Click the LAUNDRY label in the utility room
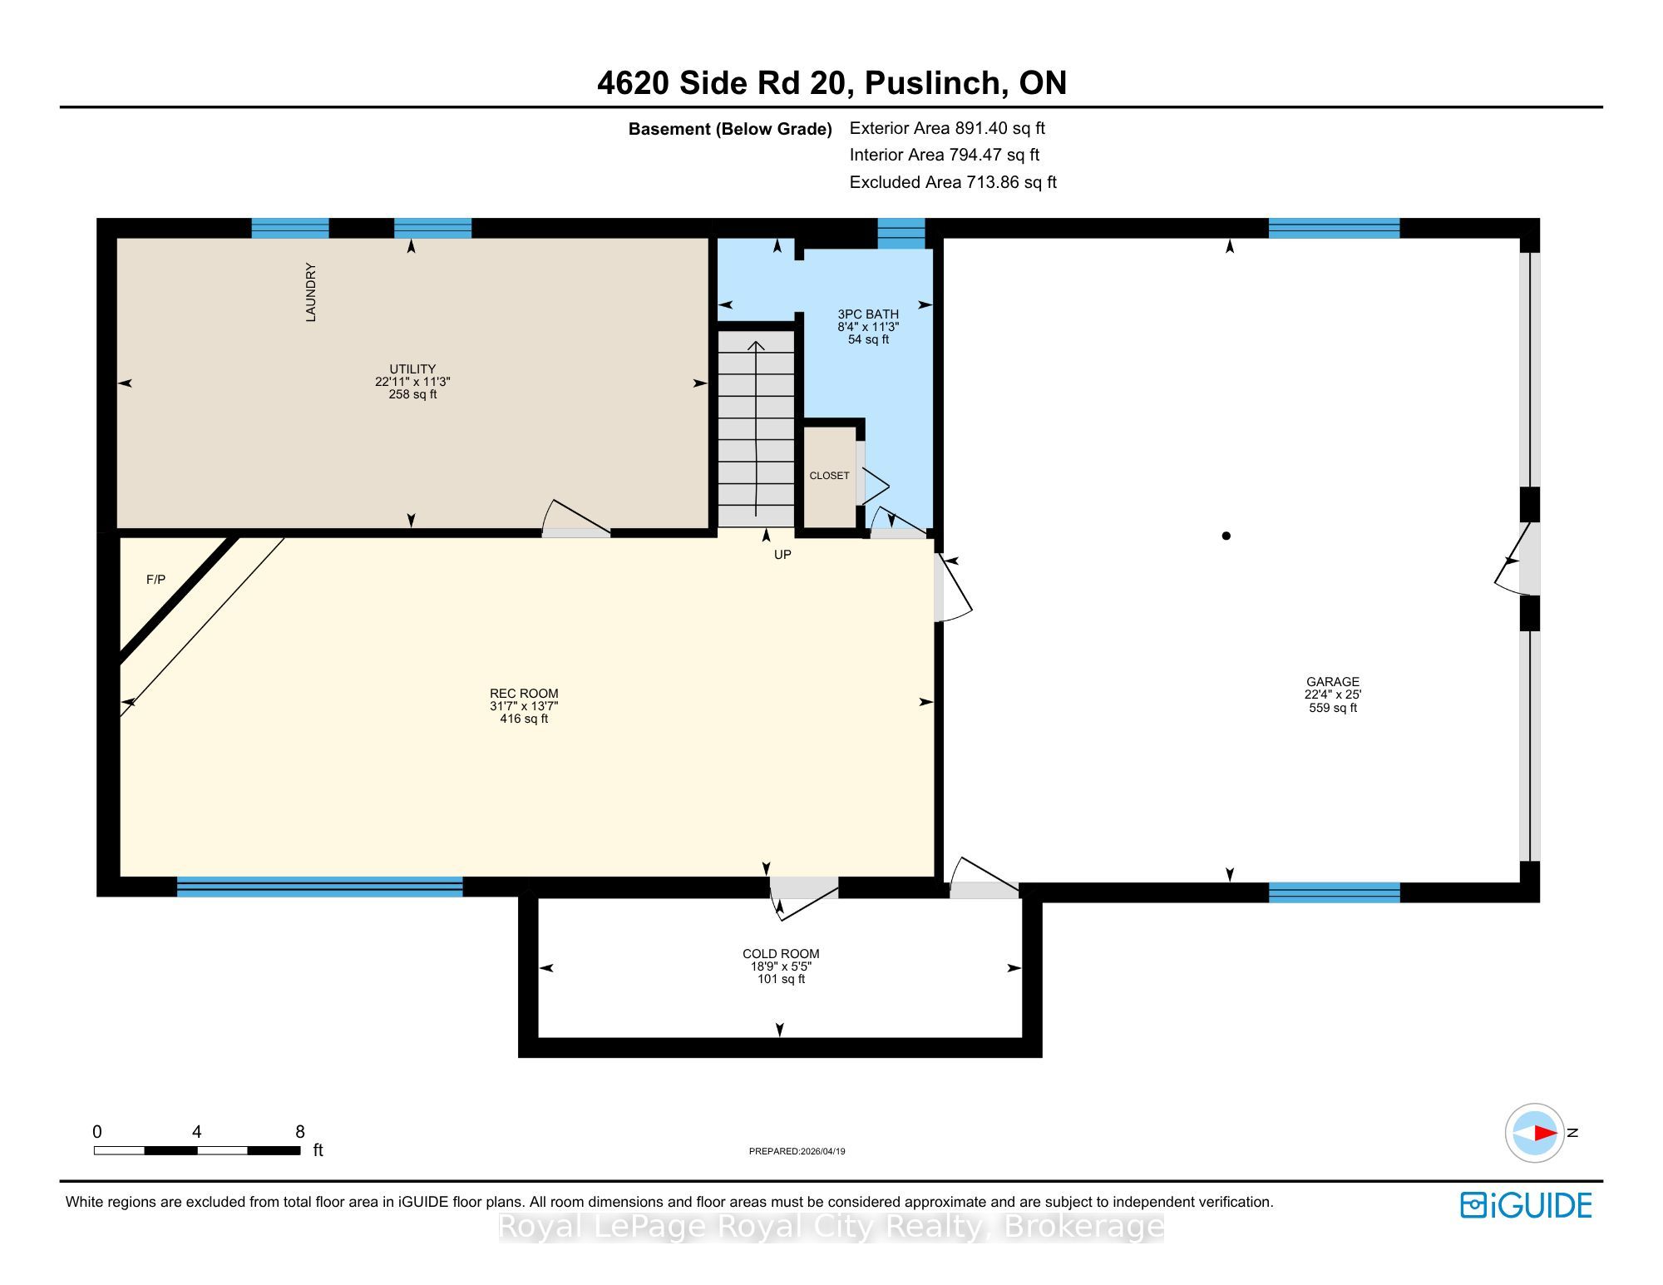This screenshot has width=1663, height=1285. (311, 292)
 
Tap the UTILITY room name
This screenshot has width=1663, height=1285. (412, 368)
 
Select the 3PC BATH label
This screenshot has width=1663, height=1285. (868, 314)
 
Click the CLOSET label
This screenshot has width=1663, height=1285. (829, 476)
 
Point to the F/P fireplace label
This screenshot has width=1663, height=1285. (155, 580)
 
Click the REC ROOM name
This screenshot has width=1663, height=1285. (524, 694)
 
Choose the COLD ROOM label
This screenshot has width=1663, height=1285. (781, 954)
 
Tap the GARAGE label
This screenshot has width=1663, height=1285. (1332, 682)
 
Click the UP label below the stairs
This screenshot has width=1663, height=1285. (782, 555)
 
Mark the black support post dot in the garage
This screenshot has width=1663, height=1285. (1226, 536)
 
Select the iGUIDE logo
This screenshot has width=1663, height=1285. (1526, 1205)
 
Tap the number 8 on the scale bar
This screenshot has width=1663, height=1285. (300, 1132)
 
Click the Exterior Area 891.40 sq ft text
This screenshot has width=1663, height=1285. (947, 128)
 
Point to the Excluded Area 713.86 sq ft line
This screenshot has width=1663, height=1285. (953, 182)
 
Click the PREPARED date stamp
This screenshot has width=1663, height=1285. (797, 1151)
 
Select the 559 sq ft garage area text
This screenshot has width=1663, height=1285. (1332, 708)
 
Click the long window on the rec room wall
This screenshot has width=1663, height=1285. (319, 887)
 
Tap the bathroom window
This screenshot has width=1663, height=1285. (901, 234)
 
